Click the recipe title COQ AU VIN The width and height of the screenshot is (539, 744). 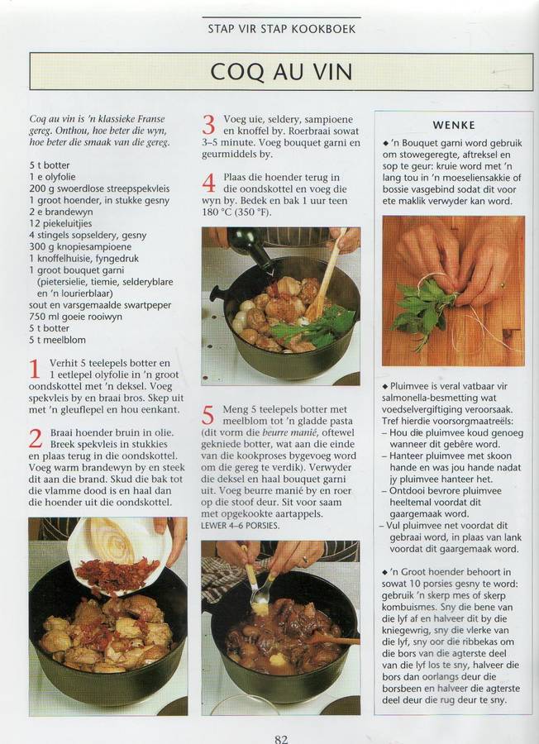281,71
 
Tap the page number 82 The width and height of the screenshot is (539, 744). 281,739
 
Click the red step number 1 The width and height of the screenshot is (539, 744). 35,370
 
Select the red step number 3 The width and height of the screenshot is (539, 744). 209,125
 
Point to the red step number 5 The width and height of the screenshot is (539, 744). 208,415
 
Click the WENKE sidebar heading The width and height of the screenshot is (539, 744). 454,126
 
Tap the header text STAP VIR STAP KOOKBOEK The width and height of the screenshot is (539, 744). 281,29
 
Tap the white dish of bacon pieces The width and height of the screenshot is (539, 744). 118,556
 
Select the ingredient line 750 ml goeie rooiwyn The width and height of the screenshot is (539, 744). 75,317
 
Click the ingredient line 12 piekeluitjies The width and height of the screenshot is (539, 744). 60,223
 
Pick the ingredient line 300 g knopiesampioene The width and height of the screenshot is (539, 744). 80,246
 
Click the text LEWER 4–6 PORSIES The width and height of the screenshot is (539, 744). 240,526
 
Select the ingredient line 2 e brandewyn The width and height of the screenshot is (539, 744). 60,212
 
